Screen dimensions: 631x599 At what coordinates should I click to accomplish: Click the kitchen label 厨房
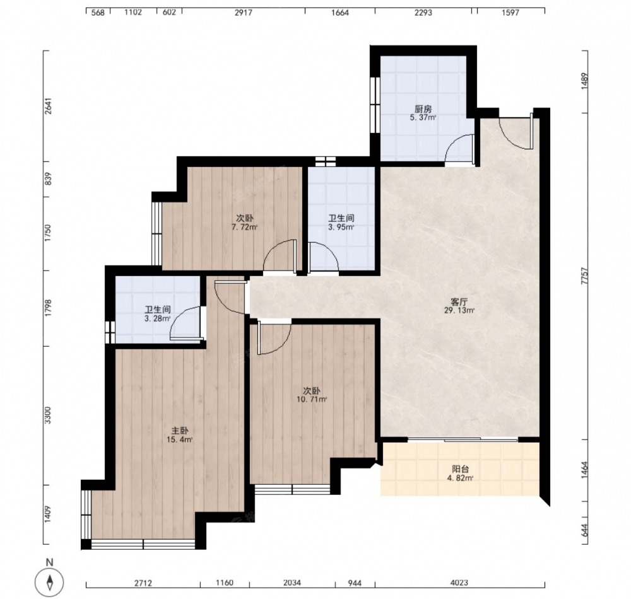423,109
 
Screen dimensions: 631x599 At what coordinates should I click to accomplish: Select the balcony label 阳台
461,469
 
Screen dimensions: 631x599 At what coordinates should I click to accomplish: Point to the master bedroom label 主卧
179,431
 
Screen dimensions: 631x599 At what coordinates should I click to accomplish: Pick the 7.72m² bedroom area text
244,227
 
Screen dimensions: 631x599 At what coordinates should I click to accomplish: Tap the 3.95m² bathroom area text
341,227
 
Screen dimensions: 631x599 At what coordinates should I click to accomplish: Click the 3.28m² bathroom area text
157,319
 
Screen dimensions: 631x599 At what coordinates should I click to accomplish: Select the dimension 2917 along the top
244,13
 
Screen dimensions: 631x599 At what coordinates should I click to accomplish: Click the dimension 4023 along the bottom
459,583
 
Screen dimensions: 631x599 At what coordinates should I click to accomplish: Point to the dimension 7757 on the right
585,277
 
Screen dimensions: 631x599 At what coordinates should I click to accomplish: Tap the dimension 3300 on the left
48,416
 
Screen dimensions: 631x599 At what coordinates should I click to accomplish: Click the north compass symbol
49,581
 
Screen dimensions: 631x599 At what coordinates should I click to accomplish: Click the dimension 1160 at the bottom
225,583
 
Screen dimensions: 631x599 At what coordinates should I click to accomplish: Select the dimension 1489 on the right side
585,81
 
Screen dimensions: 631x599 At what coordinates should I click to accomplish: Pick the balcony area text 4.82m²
459,478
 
